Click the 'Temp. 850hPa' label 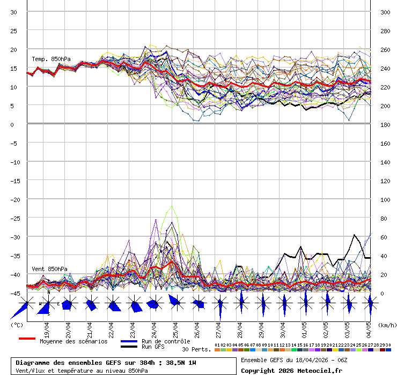51,59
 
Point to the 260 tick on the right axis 385,50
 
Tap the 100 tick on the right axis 385,200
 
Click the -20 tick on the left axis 14,200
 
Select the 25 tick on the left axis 14,31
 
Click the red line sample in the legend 27,339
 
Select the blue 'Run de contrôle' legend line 129,341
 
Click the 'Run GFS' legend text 154,347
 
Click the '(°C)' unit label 17,325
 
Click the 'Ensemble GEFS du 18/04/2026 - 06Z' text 294,360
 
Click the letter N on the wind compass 48,292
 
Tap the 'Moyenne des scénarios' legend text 73,341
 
